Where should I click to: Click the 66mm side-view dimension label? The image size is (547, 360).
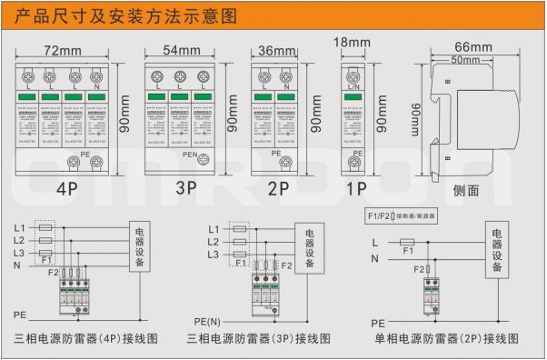[472, 46]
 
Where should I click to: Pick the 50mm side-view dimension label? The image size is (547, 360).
[465, 59]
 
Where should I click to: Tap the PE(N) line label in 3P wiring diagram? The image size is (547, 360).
[208, 321]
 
